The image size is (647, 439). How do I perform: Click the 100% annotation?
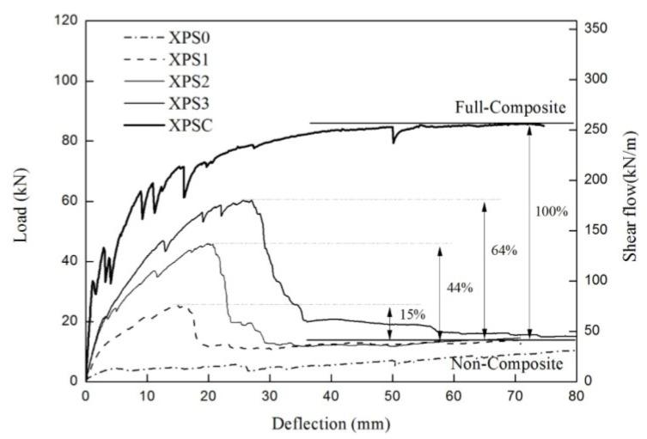550,211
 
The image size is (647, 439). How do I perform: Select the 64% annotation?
504,250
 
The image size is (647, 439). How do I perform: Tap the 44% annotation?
461,287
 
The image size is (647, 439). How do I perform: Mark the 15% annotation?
412,314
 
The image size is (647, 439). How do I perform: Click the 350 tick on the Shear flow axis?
598,29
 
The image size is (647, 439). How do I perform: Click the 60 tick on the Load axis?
70,201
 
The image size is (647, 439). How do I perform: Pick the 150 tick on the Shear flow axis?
598,230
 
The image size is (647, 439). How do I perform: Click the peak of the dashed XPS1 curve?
180,305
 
